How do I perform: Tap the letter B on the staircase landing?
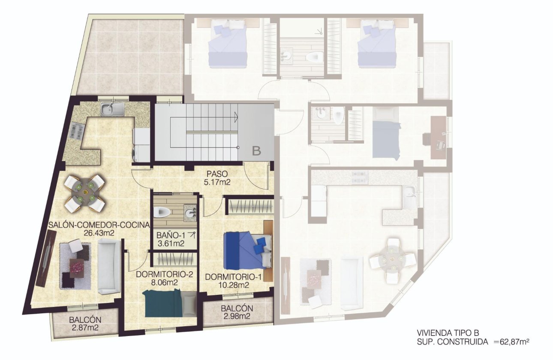tap(256, 151)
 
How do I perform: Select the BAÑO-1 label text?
tap(168, 235)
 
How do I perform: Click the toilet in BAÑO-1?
tap(163, 212)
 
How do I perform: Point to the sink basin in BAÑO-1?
tap(189, 211)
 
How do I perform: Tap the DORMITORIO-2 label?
tap(157, 274)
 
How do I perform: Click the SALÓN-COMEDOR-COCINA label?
tap(99, 225)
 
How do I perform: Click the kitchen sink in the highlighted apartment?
tap(112, 109)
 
